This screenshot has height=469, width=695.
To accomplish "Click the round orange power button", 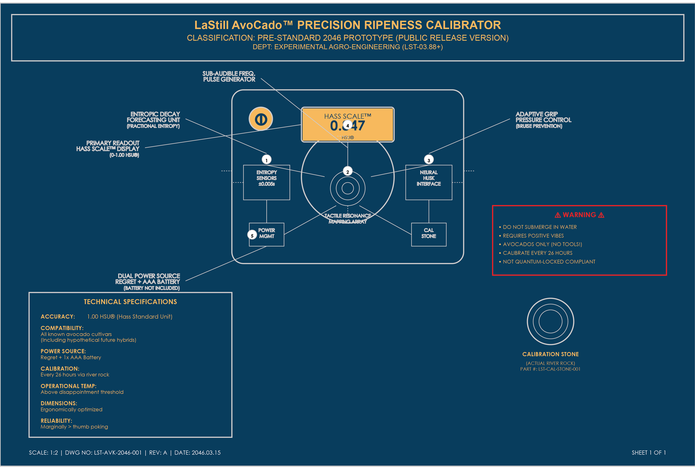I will point(261,119).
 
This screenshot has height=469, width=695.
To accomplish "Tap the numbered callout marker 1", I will point(266,160).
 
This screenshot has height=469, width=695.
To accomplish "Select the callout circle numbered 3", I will point(429,160).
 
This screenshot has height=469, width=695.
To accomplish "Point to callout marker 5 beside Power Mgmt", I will point(252,235).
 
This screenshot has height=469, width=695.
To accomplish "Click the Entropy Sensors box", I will point(266,182).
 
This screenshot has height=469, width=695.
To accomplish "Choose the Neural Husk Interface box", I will point(429,182).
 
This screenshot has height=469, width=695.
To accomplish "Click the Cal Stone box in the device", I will point(429,234).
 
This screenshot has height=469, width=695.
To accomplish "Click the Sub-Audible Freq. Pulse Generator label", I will point(229,76).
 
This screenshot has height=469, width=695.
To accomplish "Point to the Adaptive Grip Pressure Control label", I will point(543,119).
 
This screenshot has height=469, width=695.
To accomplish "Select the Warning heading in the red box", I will point(579,215).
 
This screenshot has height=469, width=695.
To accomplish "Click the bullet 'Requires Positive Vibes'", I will point(533,236).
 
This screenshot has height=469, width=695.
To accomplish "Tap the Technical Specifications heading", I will point(130,302).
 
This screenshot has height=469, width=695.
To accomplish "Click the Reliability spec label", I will point(56,421).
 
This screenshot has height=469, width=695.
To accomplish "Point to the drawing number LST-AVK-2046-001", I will point(118,453).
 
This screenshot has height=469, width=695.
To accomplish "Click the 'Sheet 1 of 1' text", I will point(648,453).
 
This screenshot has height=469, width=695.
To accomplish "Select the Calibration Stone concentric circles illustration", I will point(550,321).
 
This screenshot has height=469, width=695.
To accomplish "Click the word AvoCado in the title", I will point(257,25).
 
